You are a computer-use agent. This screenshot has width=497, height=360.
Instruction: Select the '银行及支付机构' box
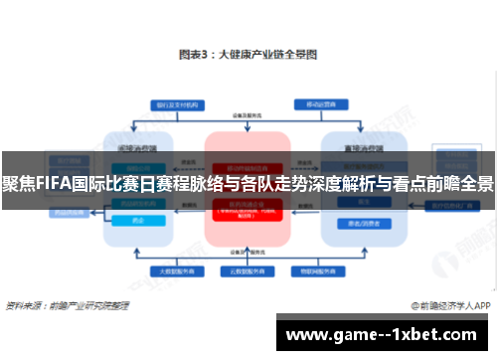tap(176, 104)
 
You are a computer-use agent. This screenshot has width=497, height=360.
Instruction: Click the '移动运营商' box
tap(316, 104)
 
